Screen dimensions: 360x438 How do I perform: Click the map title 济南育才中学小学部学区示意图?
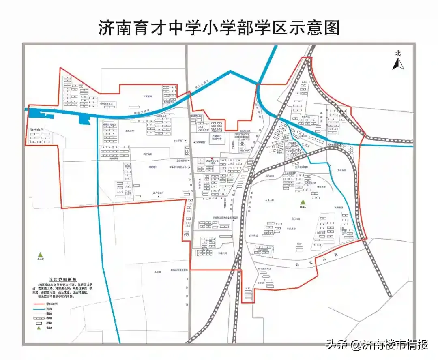[219, 28]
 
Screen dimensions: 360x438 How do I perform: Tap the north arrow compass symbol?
[398, 64]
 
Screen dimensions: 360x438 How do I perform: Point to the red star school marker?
[212, 158]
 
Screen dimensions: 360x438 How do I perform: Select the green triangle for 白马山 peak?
[302, 202]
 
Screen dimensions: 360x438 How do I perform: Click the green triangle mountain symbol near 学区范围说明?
[40, 254]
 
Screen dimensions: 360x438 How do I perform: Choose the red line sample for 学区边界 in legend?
[39, 304]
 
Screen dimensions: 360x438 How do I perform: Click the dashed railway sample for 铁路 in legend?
[39, 318]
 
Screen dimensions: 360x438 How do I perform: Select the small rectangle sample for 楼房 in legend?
[39, 323]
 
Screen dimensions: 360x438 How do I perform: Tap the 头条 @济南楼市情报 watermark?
[377, 345]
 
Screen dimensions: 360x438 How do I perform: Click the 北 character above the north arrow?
[398, 53]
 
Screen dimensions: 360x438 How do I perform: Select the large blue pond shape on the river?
[84, 119]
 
